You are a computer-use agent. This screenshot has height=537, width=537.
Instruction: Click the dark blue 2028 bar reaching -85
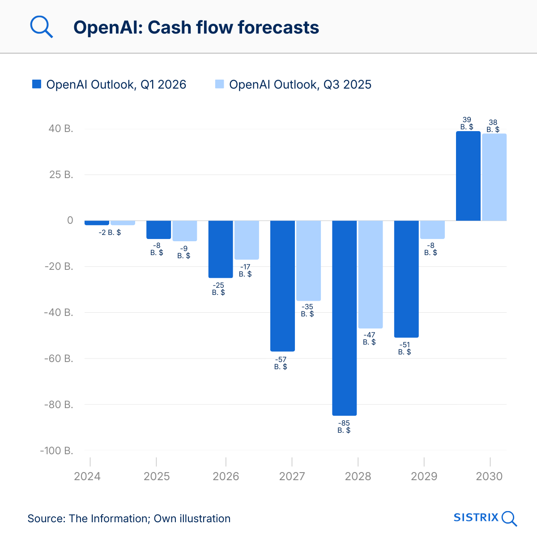tap(344, 318)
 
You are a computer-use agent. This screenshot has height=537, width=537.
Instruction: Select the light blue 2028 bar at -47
tap(371, 274)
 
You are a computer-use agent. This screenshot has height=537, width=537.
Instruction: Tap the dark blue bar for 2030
tap(468, 176)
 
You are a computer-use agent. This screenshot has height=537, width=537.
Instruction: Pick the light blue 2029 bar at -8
tap(432, 230)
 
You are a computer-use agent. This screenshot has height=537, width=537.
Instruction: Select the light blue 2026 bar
tap(247, 240)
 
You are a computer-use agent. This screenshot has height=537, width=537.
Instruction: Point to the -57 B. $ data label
tap(281, 363)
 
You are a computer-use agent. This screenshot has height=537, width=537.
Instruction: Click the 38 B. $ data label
tap(493, 126)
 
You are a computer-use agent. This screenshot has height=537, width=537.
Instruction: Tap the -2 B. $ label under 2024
tap(110, 233)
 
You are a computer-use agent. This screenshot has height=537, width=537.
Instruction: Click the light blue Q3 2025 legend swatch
tap(219, 84)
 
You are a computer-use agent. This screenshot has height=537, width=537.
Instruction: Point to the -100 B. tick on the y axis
tap(56, 451)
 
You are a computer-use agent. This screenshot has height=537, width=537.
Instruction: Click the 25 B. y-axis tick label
tap(61, 175)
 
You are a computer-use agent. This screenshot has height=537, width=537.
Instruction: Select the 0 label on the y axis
tap(70, 220)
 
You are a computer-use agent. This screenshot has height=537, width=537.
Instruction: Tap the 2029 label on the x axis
tap(424, 476)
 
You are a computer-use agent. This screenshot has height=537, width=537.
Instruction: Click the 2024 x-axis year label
tap(87, 476)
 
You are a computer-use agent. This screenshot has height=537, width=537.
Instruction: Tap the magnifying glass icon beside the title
tap(41, 27)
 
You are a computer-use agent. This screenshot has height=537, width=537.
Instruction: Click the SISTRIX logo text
tap(476, 518)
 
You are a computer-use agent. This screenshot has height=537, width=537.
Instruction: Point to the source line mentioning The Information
tap(129, 519)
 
